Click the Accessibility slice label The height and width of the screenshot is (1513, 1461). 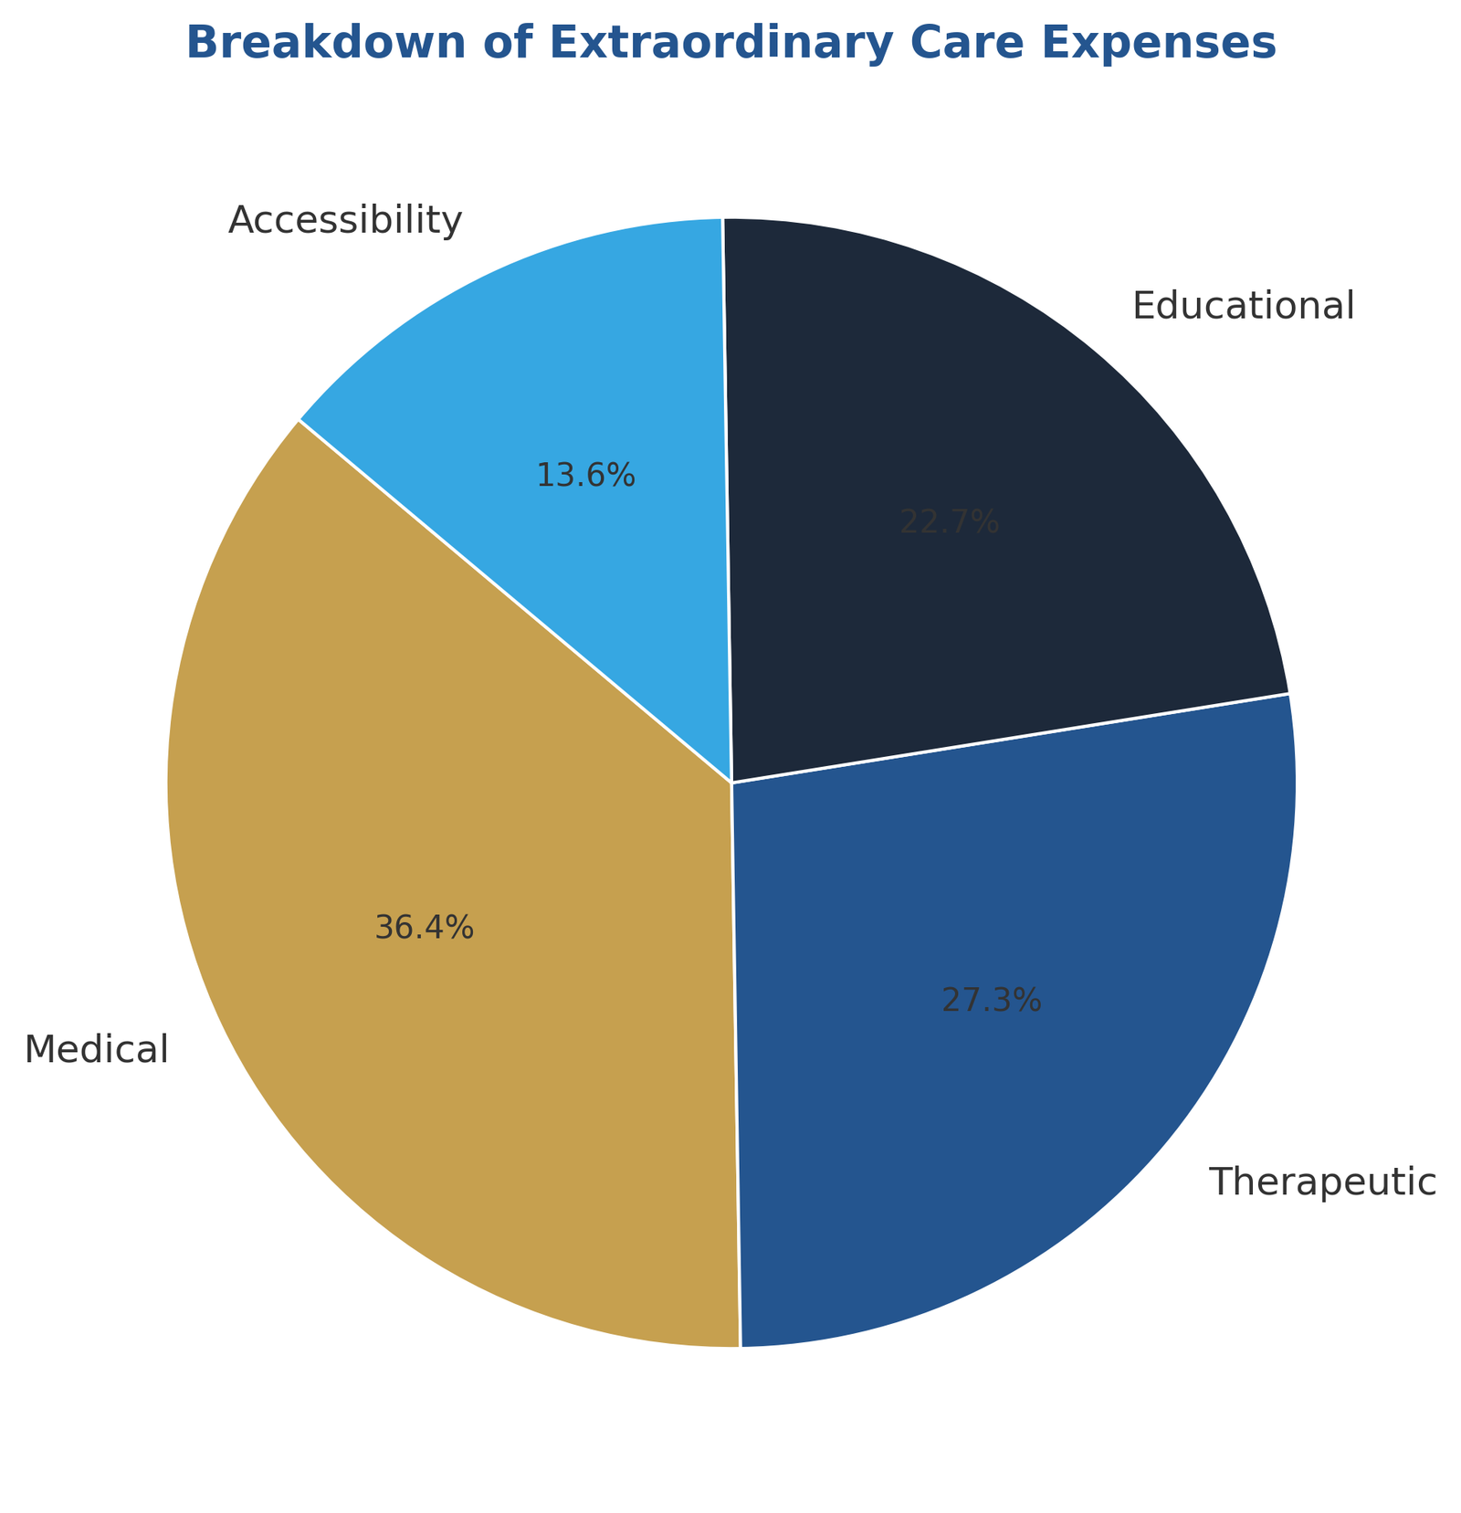pos(345,221)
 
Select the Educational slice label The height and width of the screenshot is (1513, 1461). pos(1243,306)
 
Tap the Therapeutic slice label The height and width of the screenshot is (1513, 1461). pos(1322,1182)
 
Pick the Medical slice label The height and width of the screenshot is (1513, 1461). pos(97,1049)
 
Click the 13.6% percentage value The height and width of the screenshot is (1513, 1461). pos(585,476)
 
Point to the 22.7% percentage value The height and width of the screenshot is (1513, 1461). pos(950,522)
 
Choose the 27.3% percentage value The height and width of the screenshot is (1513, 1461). pos(991,1002)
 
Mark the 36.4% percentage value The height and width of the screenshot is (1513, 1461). pos(425,929)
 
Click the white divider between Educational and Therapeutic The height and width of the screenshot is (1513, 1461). pos(1009,739)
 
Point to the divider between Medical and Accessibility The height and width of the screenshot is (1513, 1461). pos(516,602)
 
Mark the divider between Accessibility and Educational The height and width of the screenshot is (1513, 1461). pos(727,500)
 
